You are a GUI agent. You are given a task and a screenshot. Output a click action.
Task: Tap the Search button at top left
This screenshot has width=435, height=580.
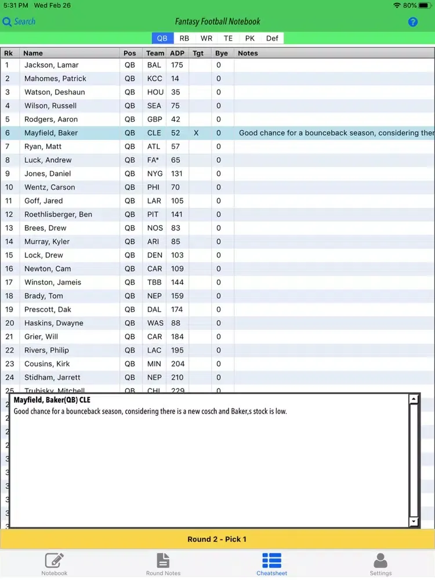[19, 21]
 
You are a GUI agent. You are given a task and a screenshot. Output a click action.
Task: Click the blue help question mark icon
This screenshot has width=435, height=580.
[413, 22]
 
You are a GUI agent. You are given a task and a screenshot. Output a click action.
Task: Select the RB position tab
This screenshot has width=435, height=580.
[184, 38]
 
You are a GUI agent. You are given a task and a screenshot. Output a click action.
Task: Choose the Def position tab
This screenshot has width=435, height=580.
[272, 38]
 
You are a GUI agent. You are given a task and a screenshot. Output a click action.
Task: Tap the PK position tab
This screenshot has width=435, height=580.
[250, 38]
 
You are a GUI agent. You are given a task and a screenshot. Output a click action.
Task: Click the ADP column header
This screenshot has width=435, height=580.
[177, 53]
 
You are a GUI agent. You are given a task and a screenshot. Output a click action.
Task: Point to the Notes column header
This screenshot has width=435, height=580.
[248, 53]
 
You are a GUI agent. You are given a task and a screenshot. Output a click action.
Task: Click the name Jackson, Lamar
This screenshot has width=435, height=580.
[52, 65]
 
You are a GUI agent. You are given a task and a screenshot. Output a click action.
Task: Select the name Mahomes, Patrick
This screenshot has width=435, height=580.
[55, 78]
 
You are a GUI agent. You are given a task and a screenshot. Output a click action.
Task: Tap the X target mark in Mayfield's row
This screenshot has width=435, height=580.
[196, 133]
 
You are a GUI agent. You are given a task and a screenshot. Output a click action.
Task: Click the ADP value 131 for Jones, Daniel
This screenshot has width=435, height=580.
[177, 173]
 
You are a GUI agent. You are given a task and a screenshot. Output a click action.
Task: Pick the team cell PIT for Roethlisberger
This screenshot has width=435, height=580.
[153, 214]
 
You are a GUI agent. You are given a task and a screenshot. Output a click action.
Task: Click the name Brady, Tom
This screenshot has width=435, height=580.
[43, 296]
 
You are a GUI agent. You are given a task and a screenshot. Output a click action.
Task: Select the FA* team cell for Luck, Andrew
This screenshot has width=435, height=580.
[153, 160]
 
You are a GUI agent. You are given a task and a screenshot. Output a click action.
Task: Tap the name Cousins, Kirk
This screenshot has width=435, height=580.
[47, 364]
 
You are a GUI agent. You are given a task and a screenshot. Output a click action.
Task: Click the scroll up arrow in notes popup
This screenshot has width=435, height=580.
[414, 399]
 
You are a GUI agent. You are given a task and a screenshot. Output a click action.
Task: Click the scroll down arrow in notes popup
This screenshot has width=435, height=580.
[414, 522]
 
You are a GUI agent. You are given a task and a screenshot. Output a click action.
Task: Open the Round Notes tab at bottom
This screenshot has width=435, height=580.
[164, 564]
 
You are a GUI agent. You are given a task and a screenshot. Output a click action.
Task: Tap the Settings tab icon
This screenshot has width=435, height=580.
[380, 561]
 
